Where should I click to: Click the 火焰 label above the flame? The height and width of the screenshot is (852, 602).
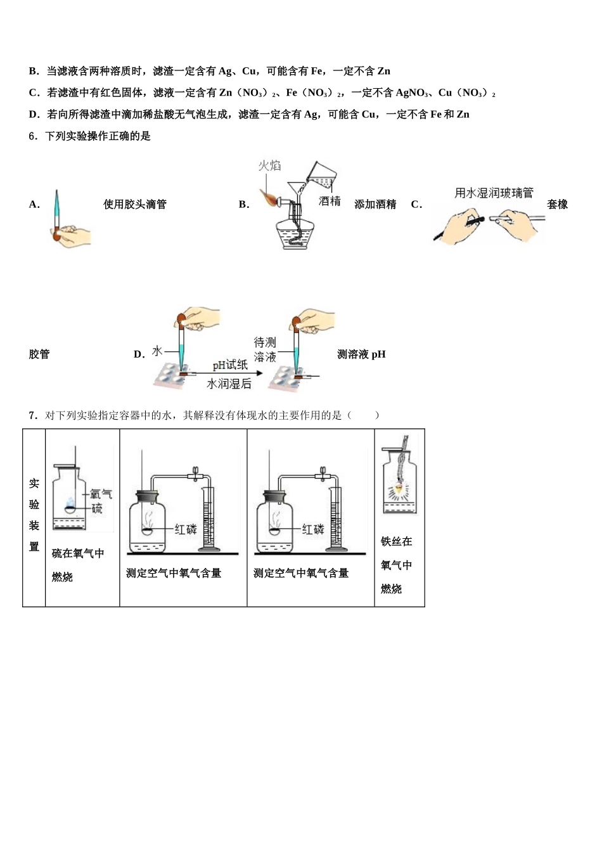(269, 165)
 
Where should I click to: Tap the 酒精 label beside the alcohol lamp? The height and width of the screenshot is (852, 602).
(330, 201)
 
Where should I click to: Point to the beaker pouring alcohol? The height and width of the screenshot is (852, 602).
(322, 172)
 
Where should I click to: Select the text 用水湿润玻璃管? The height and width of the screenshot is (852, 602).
(494, 193)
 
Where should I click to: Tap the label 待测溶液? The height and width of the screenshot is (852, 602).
(265, 350)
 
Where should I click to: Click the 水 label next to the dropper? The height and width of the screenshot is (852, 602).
(157, 351)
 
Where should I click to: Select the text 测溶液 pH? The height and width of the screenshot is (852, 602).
(361, 354)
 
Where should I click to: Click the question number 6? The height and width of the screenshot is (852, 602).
(32, 136)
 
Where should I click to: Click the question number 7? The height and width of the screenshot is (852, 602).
(32, 415)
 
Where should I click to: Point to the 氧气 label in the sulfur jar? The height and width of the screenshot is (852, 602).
(101, 493)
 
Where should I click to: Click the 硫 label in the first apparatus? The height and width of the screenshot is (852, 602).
(96, 508)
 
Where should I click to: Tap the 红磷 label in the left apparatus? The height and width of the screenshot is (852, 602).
(186, 529)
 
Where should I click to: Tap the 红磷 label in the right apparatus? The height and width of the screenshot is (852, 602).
(313, 529)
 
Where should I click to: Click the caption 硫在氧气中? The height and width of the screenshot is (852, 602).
(78, 553)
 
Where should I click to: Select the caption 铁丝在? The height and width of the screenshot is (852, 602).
(396, 541)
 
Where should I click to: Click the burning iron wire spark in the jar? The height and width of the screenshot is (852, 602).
(399, 489)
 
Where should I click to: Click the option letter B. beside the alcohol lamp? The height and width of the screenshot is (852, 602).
(244, 205)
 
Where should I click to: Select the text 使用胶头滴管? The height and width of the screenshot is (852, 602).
(135, 204)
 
